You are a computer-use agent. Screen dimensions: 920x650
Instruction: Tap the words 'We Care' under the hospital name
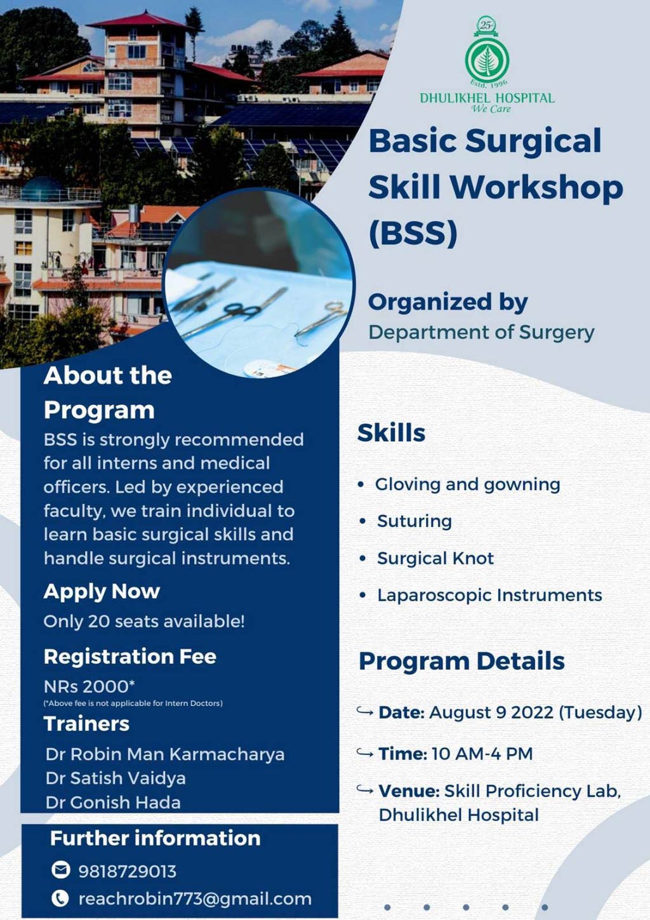pos(491,109)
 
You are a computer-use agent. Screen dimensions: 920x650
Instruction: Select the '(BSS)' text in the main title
pos(413,233)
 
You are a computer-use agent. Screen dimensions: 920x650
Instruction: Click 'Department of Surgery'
pos(481,332)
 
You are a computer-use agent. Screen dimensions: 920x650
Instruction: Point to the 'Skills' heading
pos(391,432)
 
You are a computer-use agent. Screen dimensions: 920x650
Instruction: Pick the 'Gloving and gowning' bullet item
pos(467,484)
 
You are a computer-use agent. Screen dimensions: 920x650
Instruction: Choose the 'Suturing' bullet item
pos(414,521)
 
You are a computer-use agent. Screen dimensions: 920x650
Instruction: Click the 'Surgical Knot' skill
pos(435,558)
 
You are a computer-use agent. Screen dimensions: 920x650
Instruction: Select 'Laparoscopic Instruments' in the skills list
pos(489,595)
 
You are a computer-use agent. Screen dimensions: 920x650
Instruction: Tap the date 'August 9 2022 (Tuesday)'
pos(535,712)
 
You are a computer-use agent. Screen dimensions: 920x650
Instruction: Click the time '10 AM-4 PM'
pos(482,754)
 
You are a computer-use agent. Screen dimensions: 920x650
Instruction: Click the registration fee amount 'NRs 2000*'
pos(90,686)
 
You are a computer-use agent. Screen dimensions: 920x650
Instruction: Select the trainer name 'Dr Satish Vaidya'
pos(116,778)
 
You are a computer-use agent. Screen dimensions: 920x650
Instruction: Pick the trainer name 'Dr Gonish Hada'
pos(113,803)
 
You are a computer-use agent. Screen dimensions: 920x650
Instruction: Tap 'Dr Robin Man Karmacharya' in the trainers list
pos(165,754)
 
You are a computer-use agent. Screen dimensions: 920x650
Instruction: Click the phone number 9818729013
pos(127,871)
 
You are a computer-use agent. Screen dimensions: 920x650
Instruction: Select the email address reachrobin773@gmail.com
pos(195,899)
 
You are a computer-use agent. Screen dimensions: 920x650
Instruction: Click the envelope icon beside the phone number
pos(60,870)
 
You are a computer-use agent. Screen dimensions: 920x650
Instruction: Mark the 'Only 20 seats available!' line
pos(144,621)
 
